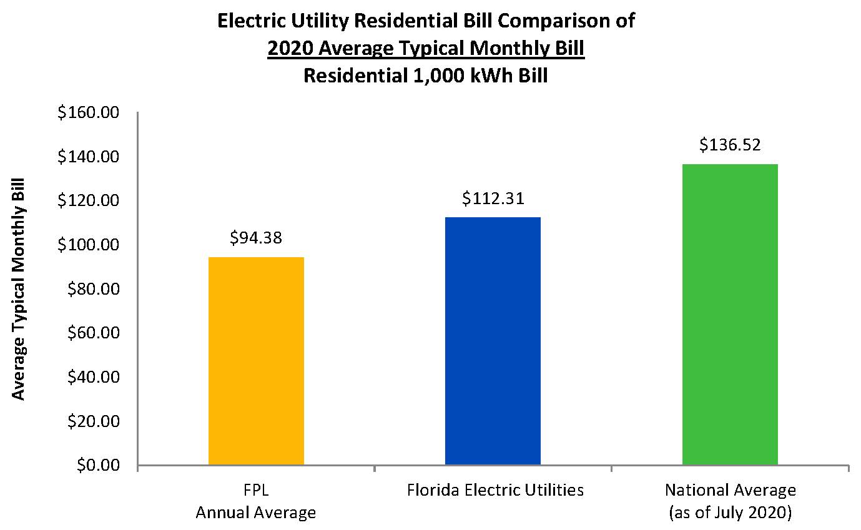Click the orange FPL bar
[256, 361]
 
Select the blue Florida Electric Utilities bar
[493, 341]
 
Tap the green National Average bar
[729, 315]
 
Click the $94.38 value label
[256, 238]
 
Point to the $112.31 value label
[493, 199]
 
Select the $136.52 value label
[730, 145]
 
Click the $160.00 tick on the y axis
[88, 113]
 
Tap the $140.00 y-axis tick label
[88, 157]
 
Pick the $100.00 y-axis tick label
[88, 245]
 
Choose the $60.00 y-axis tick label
[91, 333]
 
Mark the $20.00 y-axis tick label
[91, 421]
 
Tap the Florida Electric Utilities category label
[495, 490]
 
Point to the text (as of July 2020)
[730, 513]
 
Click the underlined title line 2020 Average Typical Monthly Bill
[426, 49]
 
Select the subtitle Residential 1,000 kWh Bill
[426, 76]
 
